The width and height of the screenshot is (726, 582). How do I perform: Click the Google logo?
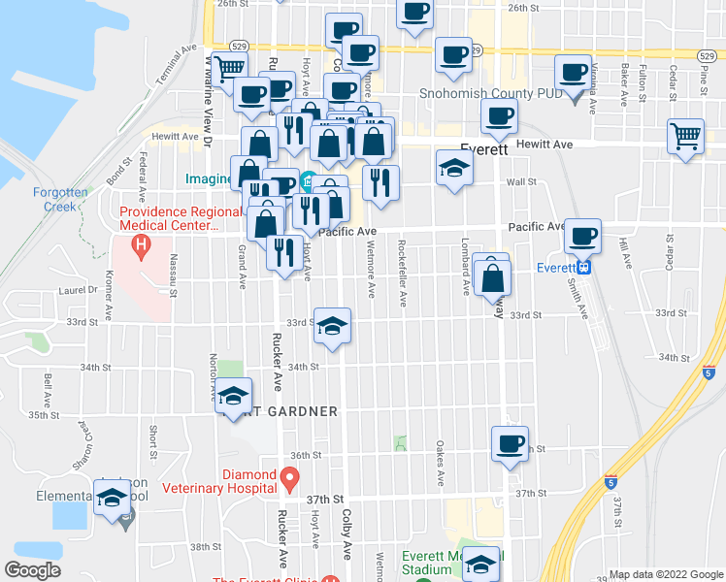(32, 570)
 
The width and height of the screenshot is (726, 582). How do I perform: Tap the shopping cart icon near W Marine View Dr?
(230, 69)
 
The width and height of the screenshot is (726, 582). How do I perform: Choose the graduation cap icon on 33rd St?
(332, 326)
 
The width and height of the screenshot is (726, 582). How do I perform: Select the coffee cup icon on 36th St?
(509, 444)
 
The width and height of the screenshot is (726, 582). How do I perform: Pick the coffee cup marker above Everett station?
(582, 236)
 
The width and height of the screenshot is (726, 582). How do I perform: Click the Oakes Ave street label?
(440, 466)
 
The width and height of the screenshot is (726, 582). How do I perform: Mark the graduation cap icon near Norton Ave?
(233, 395)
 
